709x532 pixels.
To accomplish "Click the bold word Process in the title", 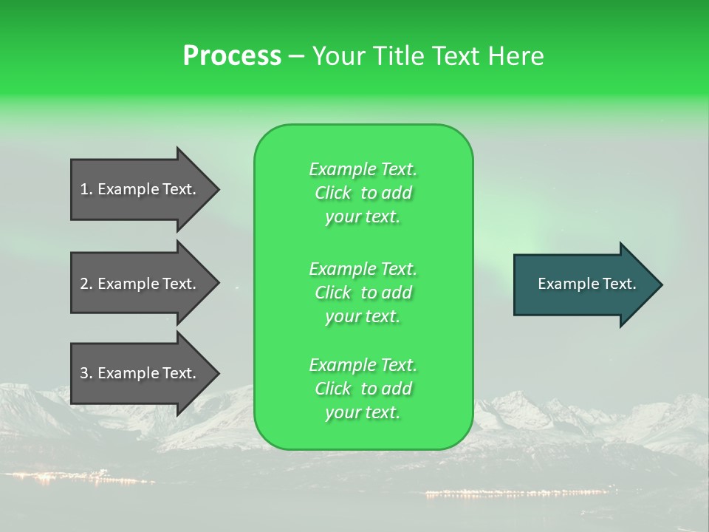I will coord(232,56).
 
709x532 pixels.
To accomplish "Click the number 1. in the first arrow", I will coord(86,189).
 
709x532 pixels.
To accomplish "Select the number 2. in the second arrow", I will coord(86,284).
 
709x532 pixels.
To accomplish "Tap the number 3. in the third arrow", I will coord(86,373).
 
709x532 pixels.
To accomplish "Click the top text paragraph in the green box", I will coord(363,193).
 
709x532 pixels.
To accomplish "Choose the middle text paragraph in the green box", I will coord(363,293).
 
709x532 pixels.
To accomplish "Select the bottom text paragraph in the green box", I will coord(363,389).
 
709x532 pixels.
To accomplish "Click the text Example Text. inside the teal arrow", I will coord(586,284).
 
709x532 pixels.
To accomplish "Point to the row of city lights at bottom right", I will coord(517,492).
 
